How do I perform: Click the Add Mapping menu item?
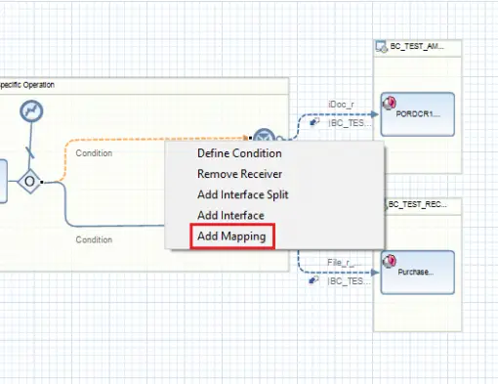coord(231,236)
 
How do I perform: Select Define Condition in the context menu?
coord(239,153)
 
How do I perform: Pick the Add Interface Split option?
coord(242,194)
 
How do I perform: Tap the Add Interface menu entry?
coord(230,215)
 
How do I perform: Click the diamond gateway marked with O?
coord(31,181)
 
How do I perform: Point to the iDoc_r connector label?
coord(342,104)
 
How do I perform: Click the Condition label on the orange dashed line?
coord(94,153)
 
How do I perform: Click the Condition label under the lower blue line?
coord(94,239)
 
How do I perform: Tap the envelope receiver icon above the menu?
coord(263,136)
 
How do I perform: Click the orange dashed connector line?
coord(146,140)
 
